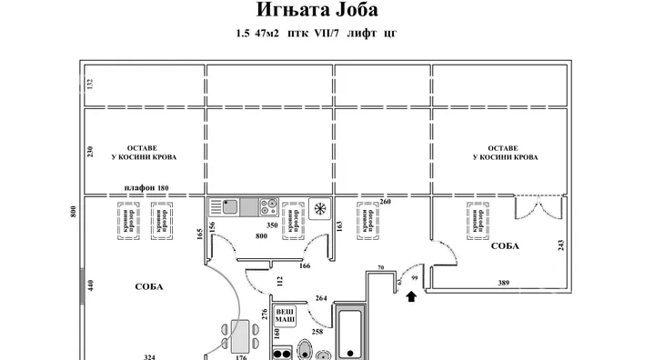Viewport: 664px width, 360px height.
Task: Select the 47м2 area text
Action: pos(269,34)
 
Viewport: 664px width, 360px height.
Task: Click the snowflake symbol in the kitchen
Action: pos(319,209)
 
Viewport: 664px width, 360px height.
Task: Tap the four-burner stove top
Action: pos(268,206)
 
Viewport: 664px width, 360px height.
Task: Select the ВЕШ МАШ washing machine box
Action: pos(287,314)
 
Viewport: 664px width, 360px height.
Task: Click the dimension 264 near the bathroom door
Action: pos(320,297)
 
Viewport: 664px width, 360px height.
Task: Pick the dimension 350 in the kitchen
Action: pos(270,224)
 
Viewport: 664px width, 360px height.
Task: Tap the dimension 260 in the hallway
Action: pos(386,202)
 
